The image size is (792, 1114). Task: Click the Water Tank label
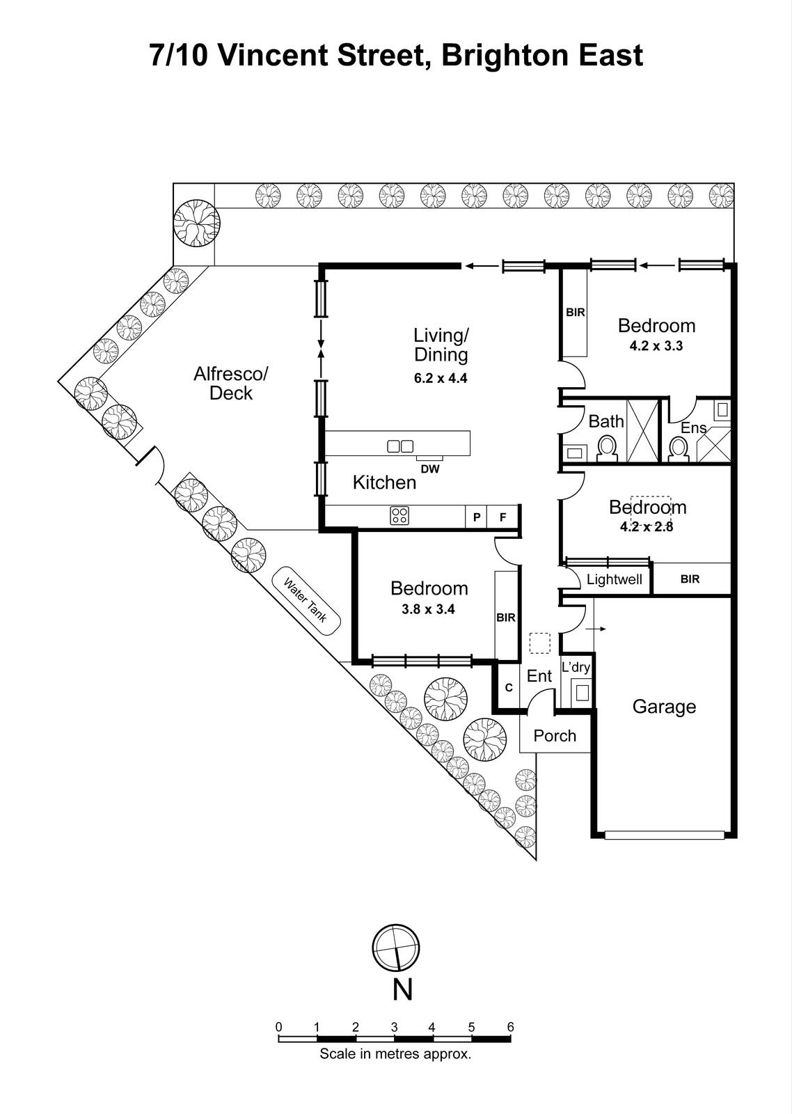point(306,602)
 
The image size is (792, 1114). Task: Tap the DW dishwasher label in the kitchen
point(430,469)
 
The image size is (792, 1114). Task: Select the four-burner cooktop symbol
point(399,516)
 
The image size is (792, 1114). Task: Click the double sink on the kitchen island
point(400,446)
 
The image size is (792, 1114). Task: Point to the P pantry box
point(476,517)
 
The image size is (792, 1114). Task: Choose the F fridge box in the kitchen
point(502,517)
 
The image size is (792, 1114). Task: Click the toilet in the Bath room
point(607,448)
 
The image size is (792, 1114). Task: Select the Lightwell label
point(614,579)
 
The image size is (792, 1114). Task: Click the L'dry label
point(576,667)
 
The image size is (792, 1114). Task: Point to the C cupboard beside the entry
point(509,688)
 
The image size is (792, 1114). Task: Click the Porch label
point(555,736)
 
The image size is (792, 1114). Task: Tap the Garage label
point(663,707)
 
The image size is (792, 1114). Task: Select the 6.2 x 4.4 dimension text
point(440,379)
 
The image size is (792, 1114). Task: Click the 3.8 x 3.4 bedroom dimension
point(428,609)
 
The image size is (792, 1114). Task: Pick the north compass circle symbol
point(396,948)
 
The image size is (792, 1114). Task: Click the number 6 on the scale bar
point(510,1026)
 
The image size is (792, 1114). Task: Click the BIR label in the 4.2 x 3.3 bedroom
point(576,313)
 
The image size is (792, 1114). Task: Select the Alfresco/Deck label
point(230,384)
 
